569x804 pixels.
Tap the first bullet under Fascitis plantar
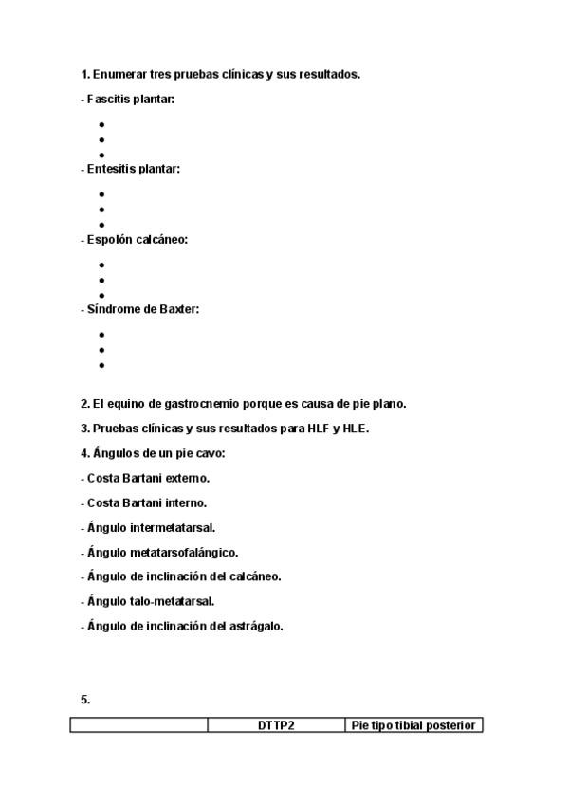pyautogui.click(x=101, y=124)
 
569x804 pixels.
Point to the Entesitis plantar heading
pyautogui.click(x=133, y=169)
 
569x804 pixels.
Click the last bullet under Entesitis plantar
pyautogui.click(x=101, y=225)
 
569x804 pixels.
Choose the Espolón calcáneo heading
pyautogui.click(x=137, y=239)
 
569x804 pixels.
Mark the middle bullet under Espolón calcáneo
pyautogui.click(x=101, y=280)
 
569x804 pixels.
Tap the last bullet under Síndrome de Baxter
pyautogui.click(x=101, y=365)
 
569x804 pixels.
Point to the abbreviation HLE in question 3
pyautogui.click(x=355, y=429)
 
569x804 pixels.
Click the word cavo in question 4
pyautogui.click(x=211, y=453)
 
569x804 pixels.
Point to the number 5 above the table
pyautogui.click(x=84, y=700)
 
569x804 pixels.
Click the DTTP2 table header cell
pyautogui.click(x=276, y=726)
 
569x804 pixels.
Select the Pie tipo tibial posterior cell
pyautogui.click(x=414, y=726)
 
